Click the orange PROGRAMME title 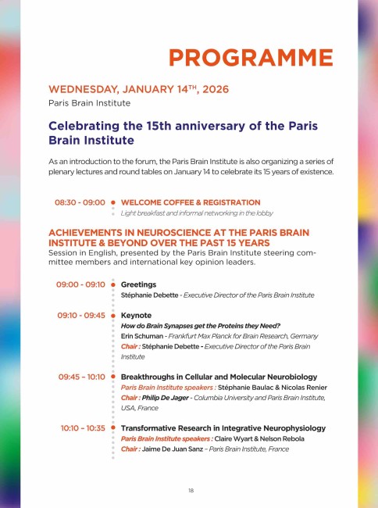click(x=250, y=57)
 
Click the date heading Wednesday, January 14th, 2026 click(x=138, y=90)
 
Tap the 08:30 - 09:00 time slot click(x=80, y=202)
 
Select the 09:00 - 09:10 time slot click(x=80, y=284)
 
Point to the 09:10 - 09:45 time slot click(x=80, y=315)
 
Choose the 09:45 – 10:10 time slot click(x=81, y=377)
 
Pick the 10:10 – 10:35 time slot click(x=82, y=428)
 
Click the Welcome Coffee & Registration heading click(x=191, y=202)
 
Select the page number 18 click(x=190, y=490)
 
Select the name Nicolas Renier click(x=288, y=387)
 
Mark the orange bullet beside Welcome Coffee click(x=113, y=202)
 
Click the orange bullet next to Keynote click(x=113, y=315)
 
